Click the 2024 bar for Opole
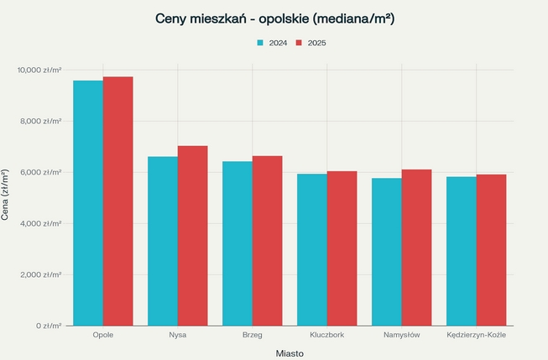click(x=88, y=203)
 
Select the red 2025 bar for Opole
click(x=118, y=201)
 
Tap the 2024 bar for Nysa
click(x=163, y=241)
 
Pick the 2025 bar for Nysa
click(x=193, y=236)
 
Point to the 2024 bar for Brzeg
click(x=237, y=243)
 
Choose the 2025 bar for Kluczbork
click(x=342, y=248)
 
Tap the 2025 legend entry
click(x=311, y=42)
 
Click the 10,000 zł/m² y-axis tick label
click(x=41, y=70)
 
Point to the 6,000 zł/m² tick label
click(x=44, y=172)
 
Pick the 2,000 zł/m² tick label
click(x=44, y=274)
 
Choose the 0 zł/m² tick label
click(x=49, y=326)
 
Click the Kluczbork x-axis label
click(x=327, y=336)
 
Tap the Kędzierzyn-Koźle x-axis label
click(x=477, y=336)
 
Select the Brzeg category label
click(x=253, y=336)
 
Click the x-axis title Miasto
click(x=290, y=353)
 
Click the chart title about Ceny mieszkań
click(x=275, y=18)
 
